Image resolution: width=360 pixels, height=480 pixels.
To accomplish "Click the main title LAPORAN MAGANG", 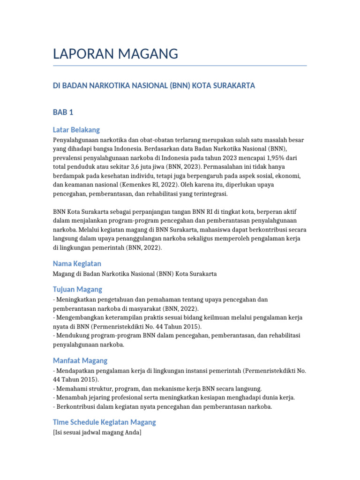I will coord(115,54).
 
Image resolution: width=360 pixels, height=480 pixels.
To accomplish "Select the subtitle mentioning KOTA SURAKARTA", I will coord(154,86).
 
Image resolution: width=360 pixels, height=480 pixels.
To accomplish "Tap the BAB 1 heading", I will coord(63,112).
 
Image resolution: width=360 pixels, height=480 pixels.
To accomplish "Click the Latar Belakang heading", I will coord(76,130).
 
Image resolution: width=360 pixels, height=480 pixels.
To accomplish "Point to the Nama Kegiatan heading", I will coord(77,263).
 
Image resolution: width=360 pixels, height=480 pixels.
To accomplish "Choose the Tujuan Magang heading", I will coord(77,289).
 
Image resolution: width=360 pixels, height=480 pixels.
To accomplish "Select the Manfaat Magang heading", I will coord(80,360).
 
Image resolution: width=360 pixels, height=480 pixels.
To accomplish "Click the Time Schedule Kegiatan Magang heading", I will coord(104,422).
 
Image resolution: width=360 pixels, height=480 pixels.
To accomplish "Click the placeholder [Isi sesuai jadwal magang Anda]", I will coord(97,433).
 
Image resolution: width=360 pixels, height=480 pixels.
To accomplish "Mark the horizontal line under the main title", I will coord(180,66).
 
